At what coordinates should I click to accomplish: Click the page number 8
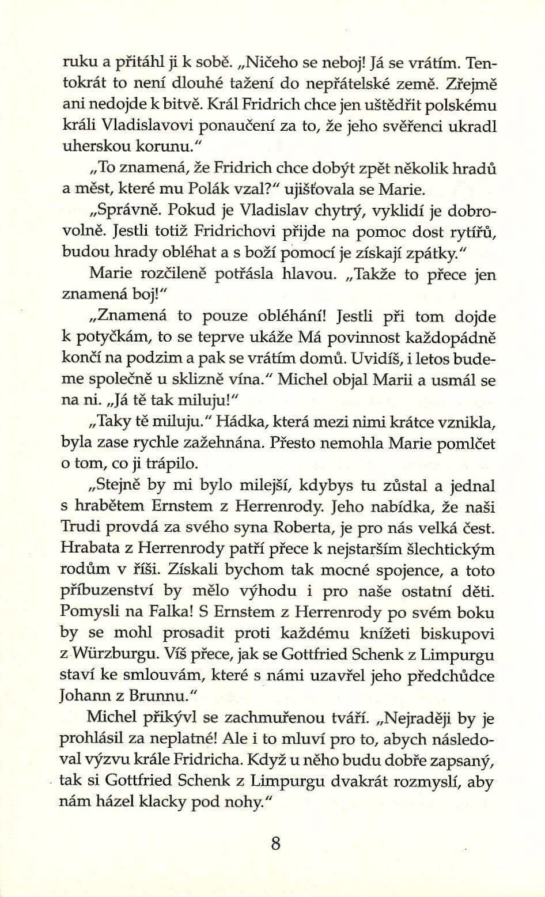tap(275, 843)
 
